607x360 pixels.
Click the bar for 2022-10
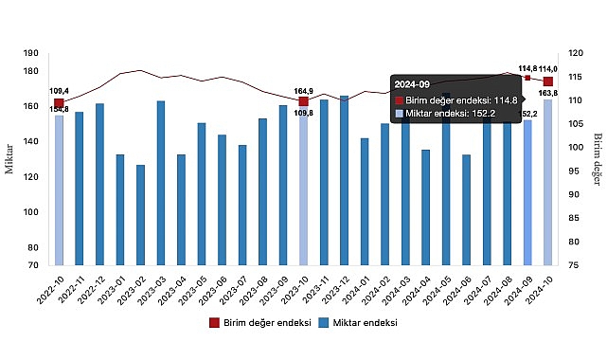click(59, 189)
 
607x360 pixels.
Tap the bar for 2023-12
click(344, 180)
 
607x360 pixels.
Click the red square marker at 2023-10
click(303, 101)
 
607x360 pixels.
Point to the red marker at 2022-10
click(59, 103)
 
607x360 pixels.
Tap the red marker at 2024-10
click(548, 81)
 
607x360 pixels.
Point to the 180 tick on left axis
click(31, 71)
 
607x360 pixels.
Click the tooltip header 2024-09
click(413, 83)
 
